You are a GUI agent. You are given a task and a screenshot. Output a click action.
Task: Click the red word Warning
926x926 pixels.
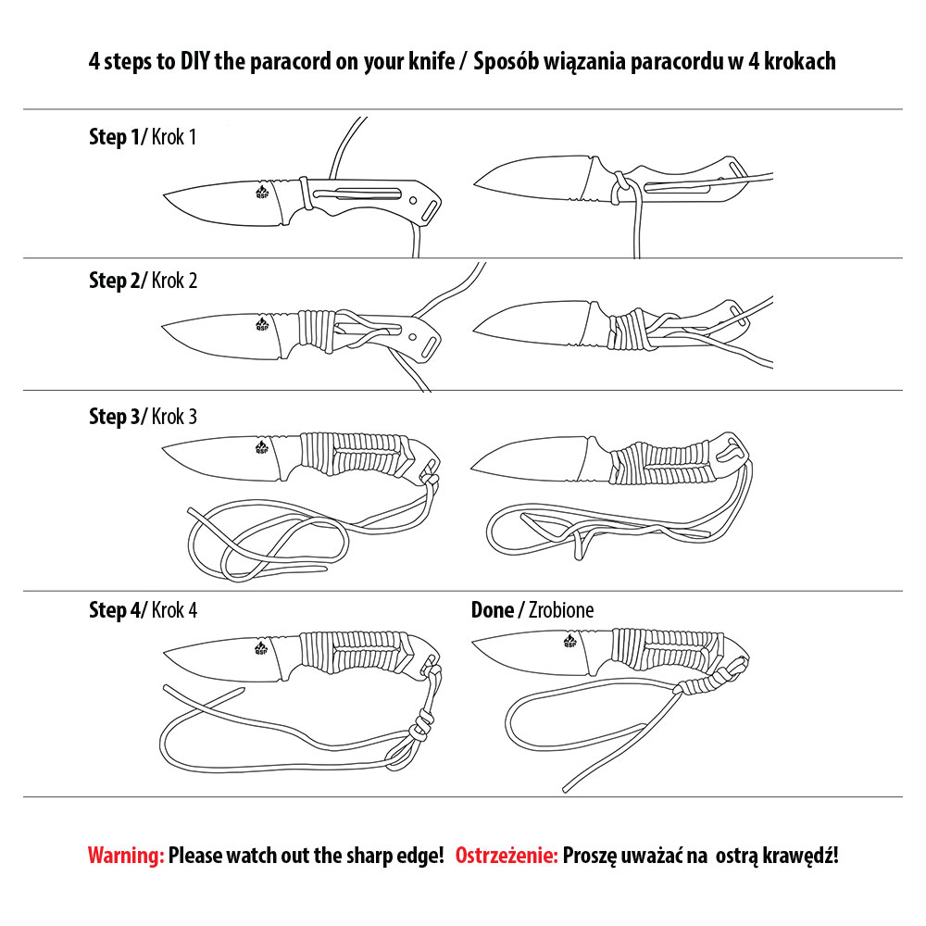pyautogui.click(x=126, y=855)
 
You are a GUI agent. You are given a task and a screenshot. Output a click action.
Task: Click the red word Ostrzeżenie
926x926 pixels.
pyautogui.click(x=507, y=855)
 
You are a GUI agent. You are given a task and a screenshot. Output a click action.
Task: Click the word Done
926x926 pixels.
pyautogui.click(x=493, y=610)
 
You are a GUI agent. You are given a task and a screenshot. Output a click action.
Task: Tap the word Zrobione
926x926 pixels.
pyautogui.click(x=561, y=610)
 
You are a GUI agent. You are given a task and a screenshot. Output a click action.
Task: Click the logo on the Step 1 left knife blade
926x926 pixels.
pyautogui.click(x=262, y=191)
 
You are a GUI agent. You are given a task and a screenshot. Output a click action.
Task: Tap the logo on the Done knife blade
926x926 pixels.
pyautogui.click(x=569, y=640)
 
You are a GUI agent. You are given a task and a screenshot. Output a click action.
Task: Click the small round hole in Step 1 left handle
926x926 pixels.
pyautogui.click(x=413, y=200)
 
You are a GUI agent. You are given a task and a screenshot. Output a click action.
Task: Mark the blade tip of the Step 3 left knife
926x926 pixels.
pyautogui.click(x=162, y=451)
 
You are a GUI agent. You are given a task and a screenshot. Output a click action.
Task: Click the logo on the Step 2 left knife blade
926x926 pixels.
pyautogui.click(x=262, y=323)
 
